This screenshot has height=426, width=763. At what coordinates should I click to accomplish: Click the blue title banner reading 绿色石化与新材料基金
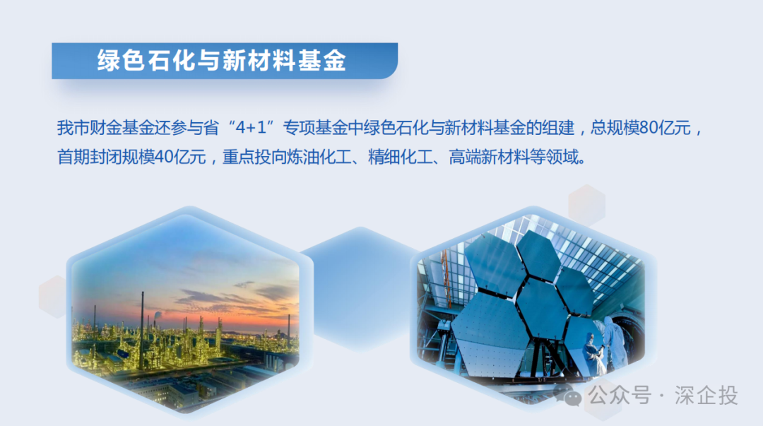[x=223, y=61]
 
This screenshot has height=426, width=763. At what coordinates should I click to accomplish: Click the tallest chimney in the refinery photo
[x=141, y=311]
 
